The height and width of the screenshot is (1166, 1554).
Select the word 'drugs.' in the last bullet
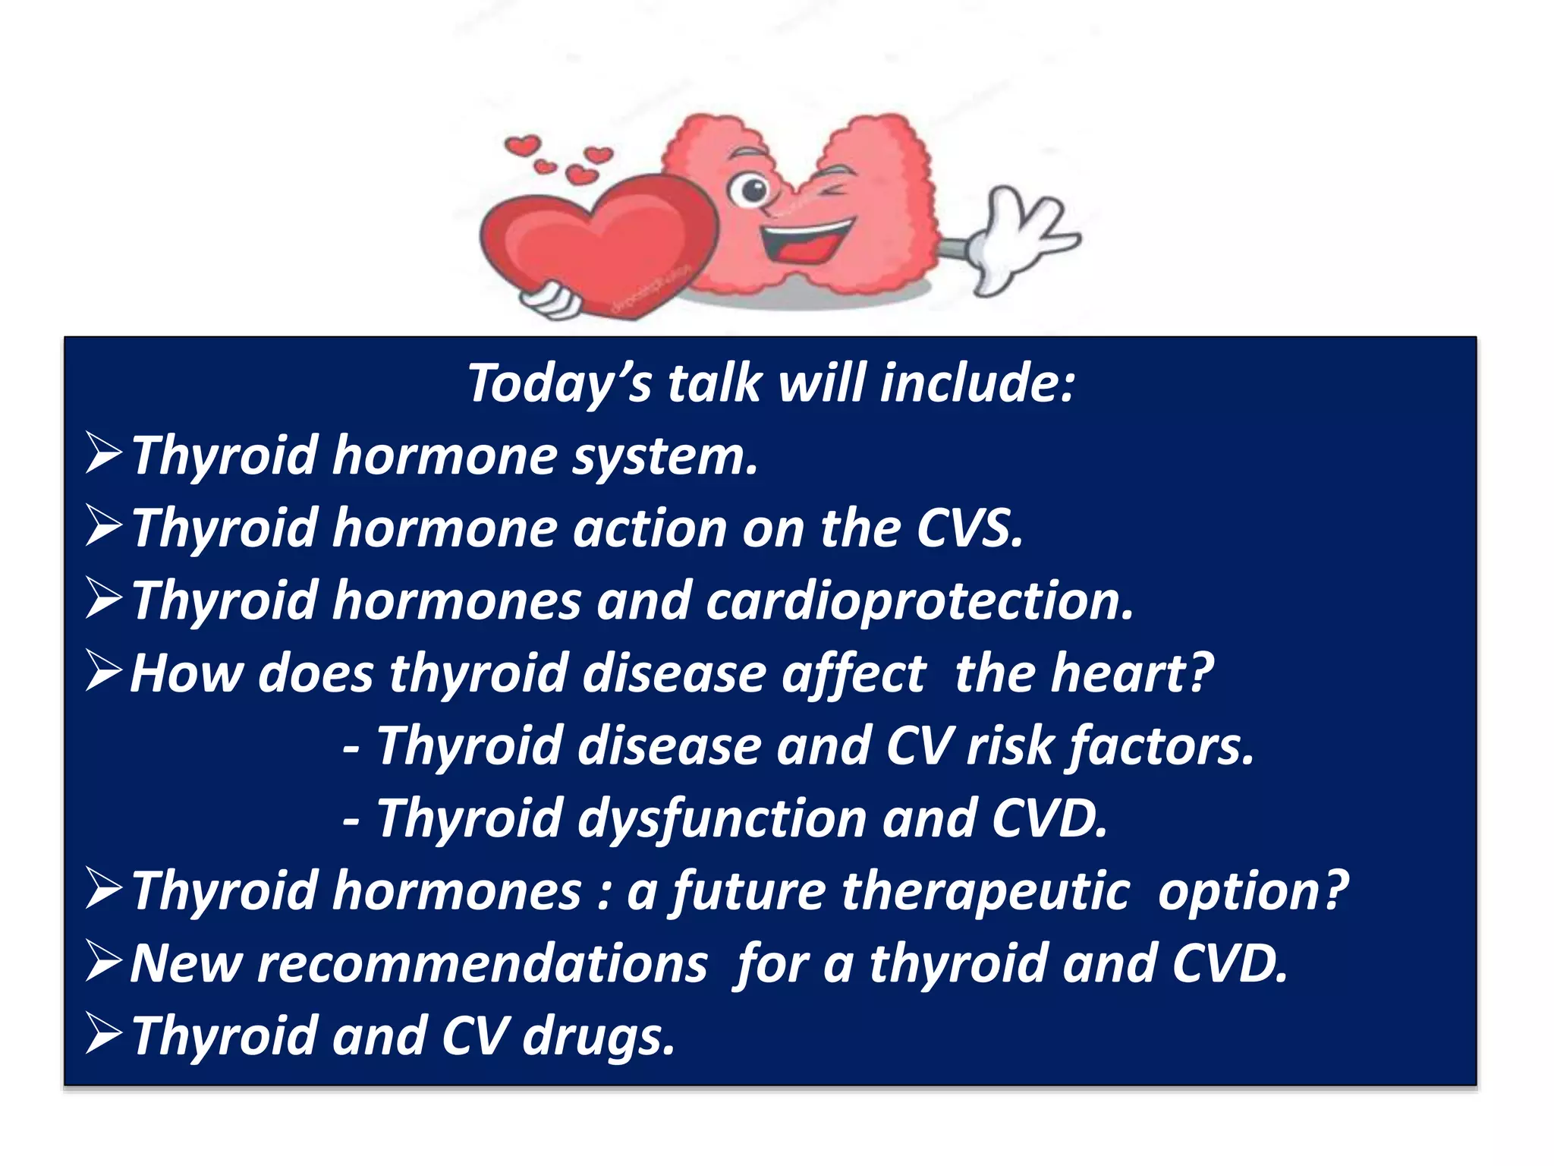pyautogui.click(x=599, y=1037)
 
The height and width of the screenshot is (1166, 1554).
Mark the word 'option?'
pyautogui.click(x=1253, y=891)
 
